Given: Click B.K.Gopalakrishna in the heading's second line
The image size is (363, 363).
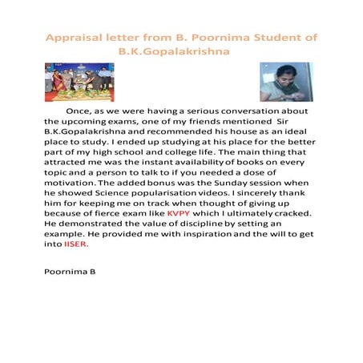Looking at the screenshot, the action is [174, 50].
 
